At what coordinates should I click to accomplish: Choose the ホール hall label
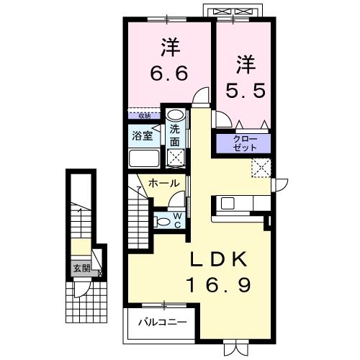[x=163, y=184]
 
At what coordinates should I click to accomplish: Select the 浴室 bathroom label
[x=141, y=135]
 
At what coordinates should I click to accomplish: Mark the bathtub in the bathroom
[x=144, y=159]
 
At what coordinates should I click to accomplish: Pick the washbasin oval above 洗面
[x=174, y=115]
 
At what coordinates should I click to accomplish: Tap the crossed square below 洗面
[x=174, y=158]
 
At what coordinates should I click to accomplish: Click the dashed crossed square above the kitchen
[x=260, y=168]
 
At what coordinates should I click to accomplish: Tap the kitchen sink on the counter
[x=228, y=203]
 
